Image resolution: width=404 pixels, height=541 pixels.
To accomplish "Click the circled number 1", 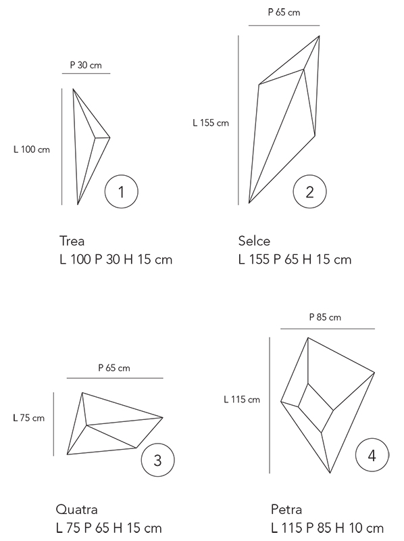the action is [122, 191].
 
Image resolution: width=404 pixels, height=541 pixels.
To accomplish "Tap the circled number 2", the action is [309, 191].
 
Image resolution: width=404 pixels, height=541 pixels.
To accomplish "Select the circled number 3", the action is [157, 460].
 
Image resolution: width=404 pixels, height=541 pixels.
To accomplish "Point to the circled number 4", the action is [372, 455].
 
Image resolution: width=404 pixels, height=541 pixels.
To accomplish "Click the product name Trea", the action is [72, 241].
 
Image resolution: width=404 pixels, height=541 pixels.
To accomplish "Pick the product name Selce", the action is [254, 241].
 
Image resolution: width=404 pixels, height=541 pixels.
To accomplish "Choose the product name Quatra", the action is [76, 510].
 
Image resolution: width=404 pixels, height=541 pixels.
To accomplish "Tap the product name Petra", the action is [286, 510].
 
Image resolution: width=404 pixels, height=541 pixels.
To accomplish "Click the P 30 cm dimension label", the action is [86, 65].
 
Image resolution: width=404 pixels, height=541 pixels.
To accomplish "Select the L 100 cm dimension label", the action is [32, 149].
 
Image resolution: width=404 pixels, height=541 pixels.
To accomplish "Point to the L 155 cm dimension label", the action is [211, 122].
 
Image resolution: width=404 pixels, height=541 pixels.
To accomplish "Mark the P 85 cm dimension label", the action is [325, 317].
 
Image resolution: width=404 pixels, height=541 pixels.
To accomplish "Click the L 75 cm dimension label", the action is [28, 418].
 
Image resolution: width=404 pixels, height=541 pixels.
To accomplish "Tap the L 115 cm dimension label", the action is [242, 400].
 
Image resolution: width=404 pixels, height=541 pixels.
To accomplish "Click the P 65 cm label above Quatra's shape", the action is [114, 368].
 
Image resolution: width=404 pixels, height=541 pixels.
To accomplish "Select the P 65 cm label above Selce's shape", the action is [284, 12].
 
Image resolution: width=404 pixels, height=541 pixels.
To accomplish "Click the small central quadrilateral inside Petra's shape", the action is [315, 408].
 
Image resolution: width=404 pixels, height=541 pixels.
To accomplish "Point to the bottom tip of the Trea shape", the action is [78, 205].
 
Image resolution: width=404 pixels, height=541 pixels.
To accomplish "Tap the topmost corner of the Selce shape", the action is [319, 36].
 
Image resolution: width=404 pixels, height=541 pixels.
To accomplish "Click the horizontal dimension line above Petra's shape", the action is [328, 329].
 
